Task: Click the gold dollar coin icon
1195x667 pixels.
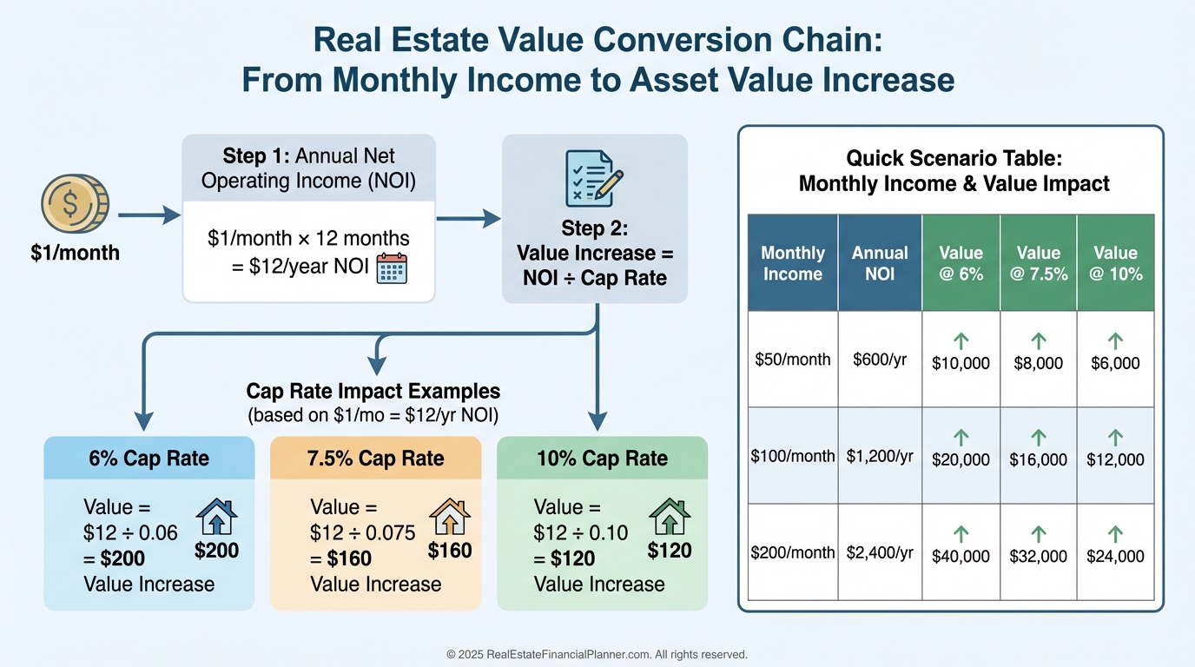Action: (76, 203)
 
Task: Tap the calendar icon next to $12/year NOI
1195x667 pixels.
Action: (392, 268)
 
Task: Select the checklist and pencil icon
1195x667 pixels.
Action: (594, 178)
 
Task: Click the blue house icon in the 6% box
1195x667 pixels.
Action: (216, 517)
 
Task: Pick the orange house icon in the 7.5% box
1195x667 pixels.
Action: (450, 517)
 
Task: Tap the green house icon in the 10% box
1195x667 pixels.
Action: (670, 517)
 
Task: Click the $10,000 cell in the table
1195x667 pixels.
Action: (961, 363)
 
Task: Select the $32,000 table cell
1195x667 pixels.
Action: (1038, 557)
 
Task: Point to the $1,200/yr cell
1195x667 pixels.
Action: (880, 456)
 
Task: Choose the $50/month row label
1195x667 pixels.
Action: (793, 360)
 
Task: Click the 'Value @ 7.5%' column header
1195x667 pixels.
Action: (1038, 263)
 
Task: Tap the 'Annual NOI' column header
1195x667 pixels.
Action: (880, 263)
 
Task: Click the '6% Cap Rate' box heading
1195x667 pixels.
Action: (149, 459)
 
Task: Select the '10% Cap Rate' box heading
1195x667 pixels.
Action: (603, 459)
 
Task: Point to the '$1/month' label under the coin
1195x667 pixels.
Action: (76, 253)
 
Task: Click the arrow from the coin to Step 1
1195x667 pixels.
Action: (149, 215)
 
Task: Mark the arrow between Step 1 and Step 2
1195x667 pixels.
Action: (468, 218)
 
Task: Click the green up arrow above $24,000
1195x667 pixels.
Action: (1115, 534)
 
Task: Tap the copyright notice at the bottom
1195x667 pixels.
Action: (597, 654)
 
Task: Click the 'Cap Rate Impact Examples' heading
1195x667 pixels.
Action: (373, 391)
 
